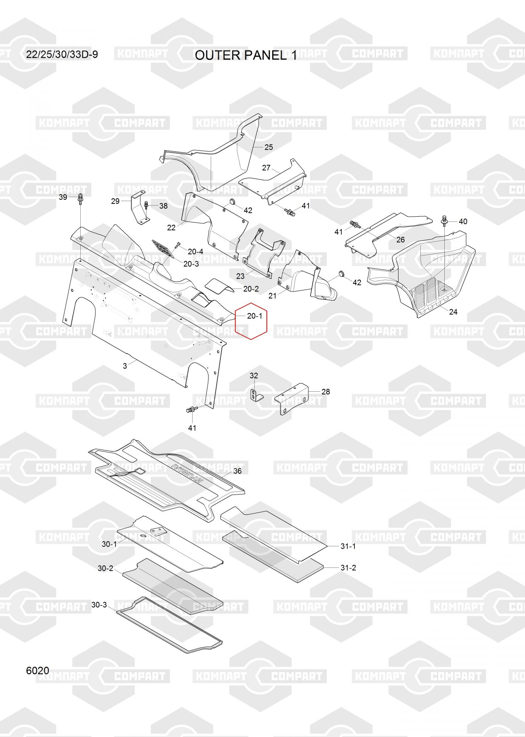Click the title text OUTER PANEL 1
246,55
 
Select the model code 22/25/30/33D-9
62,55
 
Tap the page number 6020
38,671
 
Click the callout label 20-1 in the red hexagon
255,316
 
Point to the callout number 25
269,147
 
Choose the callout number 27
266,168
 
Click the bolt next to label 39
80,198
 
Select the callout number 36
238,471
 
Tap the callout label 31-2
348,568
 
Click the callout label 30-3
99,605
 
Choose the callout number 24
453,312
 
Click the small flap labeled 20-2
219,286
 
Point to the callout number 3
125,366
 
